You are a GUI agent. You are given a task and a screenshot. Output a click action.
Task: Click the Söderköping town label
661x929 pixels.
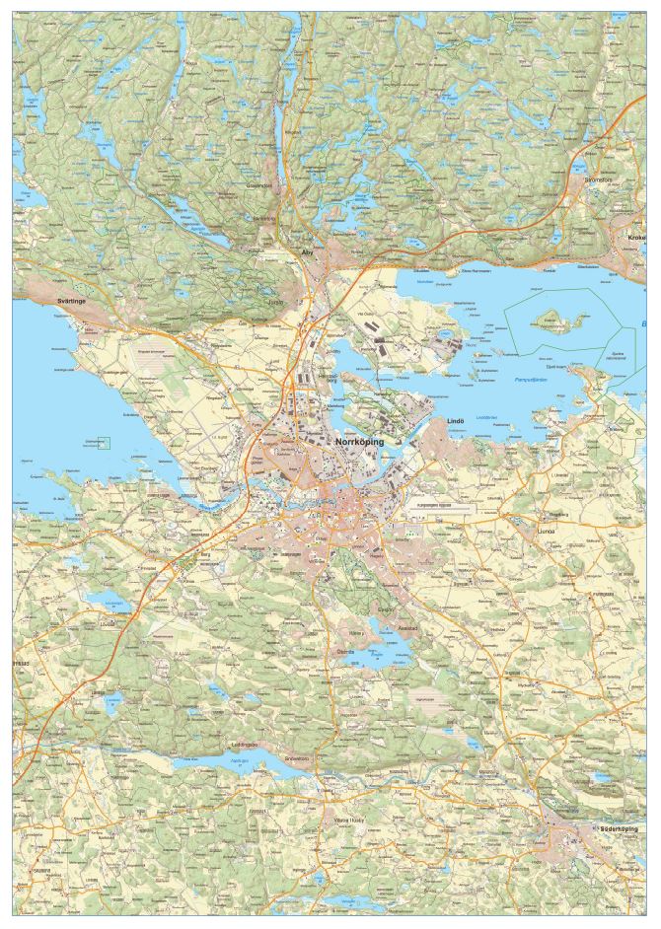pos(625,829)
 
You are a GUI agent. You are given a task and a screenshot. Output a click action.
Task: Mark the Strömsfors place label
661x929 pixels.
pos(600,180)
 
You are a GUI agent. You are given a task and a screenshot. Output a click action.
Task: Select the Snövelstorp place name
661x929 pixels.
pos(297,757)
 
